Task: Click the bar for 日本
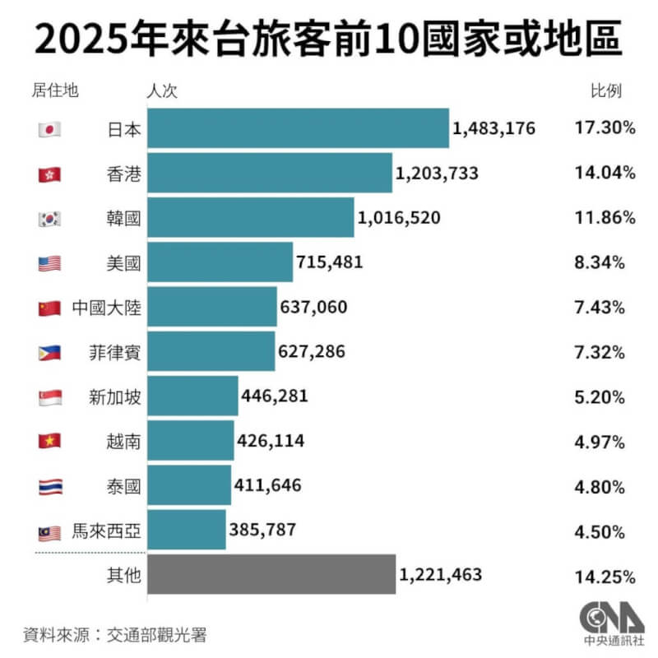299,128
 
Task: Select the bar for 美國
220,262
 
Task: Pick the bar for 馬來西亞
187,530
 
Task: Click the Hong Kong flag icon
49,174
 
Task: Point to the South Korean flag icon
49,218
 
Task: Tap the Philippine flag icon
49,352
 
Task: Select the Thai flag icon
49,486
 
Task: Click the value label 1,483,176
493,129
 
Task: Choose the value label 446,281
275,396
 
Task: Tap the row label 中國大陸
106,308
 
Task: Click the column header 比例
605,90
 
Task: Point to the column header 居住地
53,90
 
